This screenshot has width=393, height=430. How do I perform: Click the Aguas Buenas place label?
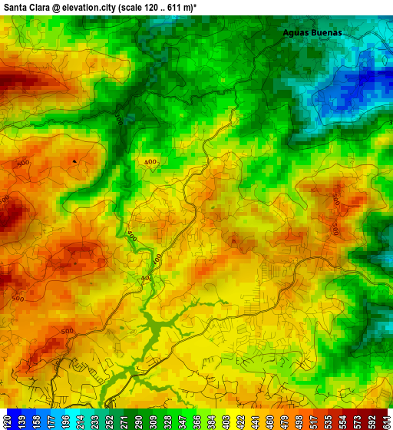pyautogui.click(x=312, y=33)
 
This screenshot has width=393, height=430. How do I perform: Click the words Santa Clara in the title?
pyautogui.click(x=26, y=6)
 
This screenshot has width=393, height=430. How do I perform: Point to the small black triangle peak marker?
pyautogui.click(x=74, y=160)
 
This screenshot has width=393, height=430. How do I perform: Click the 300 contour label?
pyautogui.click(x=119, y=119)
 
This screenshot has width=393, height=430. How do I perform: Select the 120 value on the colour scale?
pyautogui.click(x=8, y=420)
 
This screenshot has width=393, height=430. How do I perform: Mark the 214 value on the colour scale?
pyautogui.click(x=80, y=420)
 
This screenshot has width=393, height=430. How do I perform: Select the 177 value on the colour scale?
pyautogui.click(x=51, y=420)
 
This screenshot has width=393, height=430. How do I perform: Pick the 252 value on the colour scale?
pyautogui.click(x=109, y=420)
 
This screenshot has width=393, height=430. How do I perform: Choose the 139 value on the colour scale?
pyautogui.click(x=22, y=420)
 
